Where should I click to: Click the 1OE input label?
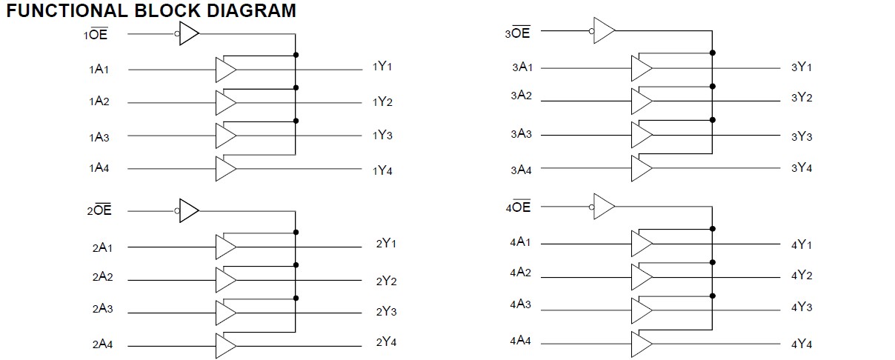pyautogui.click(x=97, y=34)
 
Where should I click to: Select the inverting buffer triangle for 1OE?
pyautogui.click(x=189, y=33)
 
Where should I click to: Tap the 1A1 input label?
pyautogui.click(x=99, y=70)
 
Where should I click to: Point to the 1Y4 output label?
pyautogui.click(x=382, y=171)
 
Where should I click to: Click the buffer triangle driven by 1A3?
pyautogui.click(x=225, y=136)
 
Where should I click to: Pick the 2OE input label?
pyautogui.click(x=99, y=211)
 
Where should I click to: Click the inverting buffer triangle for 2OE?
pyautogui.click(x=189, y=211)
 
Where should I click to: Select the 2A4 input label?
pyautogui.click(x=102, y=344)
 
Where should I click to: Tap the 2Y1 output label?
pyautogui.click(x=386, y=244)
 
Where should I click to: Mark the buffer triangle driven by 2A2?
pyautogui.click(x=225, y=280)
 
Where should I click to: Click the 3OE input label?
pyautogui.click(x=517, y=33)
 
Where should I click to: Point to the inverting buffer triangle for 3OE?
pyautogui.click(x=605, y=30)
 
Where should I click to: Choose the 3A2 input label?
pyautogui.click(x=521, y=96)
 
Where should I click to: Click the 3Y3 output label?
pyautogui.click(x=802, y=137)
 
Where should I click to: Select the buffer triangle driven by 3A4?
pyautogui.click(x=641, y=169)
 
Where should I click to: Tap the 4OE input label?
pyautogui.click(x=518, y=207)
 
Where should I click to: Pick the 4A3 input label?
pyautogui.click(x=520, y=304)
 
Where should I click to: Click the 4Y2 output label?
pyautogui.click(x=802, y=276)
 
